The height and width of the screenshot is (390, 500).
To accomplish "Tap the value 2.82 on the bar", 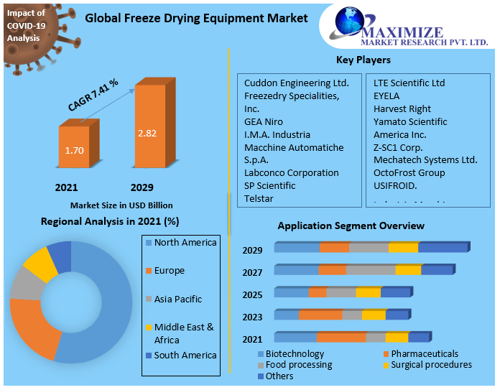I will (147, 134).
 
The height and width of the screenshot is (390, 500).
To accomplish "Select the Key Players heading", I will (364, 60).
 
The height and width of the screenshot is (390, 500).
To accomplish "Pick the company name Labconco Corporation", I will (291, 172).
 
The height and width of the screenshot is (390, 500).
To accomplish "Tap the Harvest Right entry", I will (402, 108).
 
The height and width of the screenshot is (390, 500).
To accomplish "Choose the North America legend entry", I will (185, 243).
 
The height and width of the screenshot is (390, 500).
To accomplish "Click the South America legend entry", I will (185, 355).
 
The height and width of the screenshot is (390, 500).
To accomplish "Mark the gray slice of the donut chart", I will (26, 285).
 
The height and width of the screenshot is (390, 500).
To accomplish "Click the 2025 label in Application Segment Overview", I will (252, 294).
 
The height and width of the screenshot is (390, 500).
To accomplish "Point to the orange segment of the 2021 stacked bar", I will (341, 337).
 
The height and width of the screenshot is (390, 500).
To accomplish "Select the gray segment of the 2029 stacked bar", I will (369, 248).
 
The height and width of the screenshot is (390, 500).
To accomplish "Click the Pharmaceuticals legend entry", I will (424, 354).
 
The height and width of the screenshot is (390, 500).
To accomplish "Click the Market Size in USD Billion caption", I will (121, 205).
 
